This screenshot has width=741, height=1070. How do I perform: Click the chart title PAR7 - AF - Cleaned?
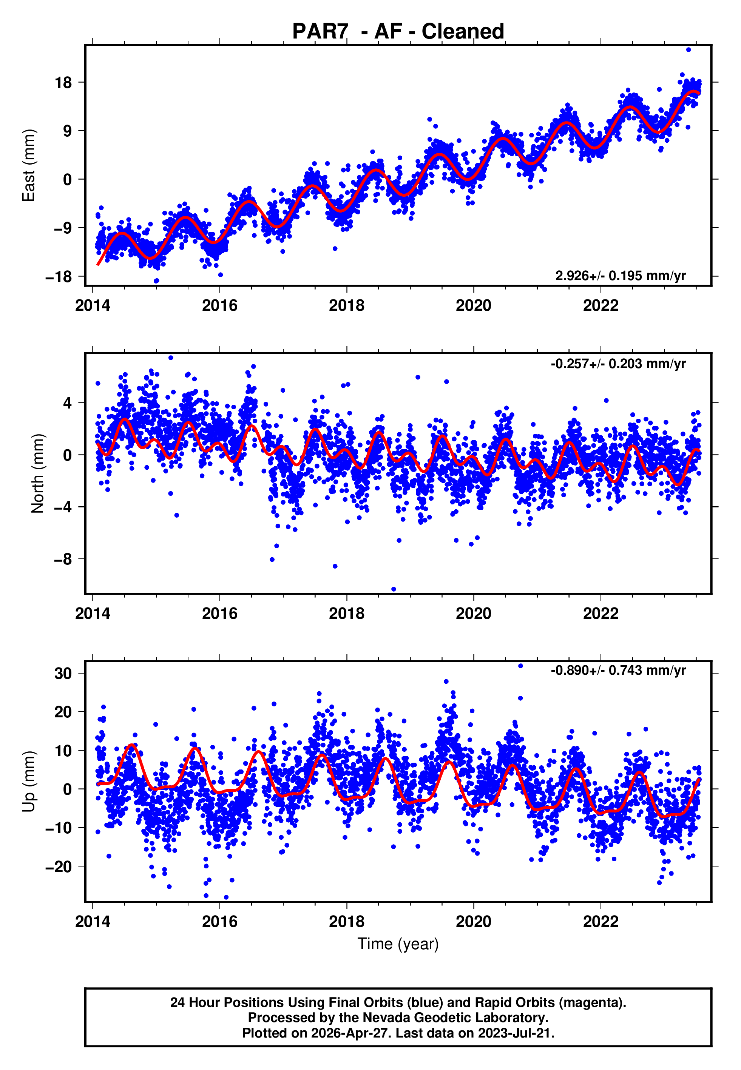(398, 32)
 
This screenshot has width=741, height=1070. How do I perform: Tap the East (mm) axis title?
(29, 165)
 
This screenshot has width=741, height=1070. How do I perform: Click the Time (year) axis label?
(398, 944)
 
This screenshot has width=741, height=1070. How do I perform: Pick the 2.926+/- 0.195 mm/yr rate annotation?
(620, 276)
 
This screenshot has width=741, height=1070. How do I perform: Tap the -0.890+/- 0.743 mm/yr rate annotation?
(618, 671)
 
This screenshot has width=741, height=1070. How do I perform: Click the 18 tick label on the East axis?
(63, 83)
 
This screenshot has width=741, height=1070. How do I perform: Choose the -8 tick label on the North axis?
(63, 559)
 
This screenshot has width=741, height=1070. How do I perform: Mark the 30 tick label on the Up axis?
(63, 673)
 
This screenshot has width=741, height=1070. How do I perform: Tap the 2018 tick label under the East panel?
(346, 305)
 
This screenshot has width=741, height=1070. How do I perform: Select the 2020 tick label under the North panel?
(473, 614)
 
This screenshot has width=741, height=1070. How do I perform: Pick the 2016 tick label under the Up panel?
(219, 922)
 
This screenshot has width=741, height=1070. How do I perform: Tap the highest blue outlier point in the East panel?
(688, 49)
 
